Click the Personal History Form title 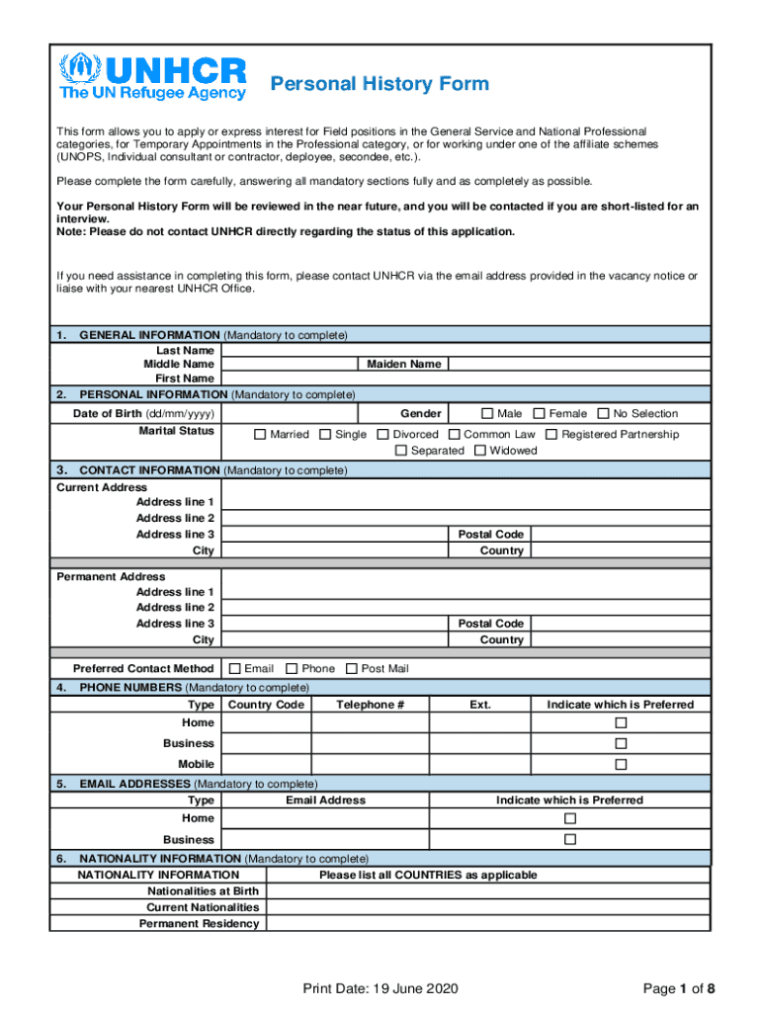click(x=380, y=83)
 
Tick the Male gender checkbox click(x=487, y=413)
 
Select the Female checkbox click(x=540, y=413)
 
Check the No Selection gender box click(x=603, y=413)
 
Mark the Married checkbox click(x=260, y=435)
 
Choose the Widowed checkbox click(x=480, y=451)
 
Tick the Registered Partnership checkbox click(x=551, y=435)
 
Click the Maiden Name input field click(x=577, y=364)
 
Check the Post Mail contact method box click(x=352, y=669)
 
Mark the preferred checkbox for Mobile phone click(x=621, y=765)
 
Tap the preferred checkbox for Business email click(x=569, y=840)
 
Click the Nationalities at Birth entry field click(x=488, y=890)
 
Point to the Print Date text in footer click(x=380, y=989)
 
